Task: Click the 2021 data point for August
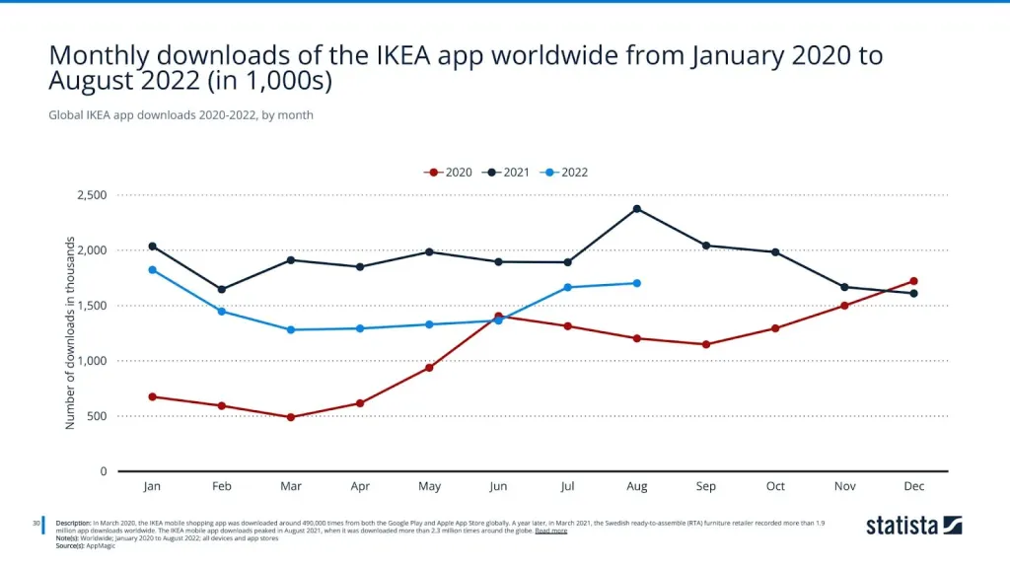tap(637, 209)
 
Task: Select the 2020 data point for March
tap(291, 417)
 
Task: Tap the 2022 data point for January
tap(152, 270)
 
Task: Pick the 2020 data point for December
tap(914, 281)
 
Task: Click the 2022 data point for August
tap(637, 283)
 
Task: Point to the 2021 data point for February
tap(222, 290)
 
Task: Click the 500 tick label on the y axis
tap(98, 416)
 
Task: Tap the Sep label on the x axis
tap(706, 486)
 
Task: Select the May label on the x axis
tap(429, 486)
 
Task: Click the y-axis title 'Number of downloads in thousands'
tap(70, 332)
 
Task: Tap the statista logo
tap(913, 525)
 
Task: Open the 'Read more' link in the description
tap(550, 531)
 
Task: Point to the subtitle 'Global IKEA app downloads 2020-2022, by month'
tap(180, 115)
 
